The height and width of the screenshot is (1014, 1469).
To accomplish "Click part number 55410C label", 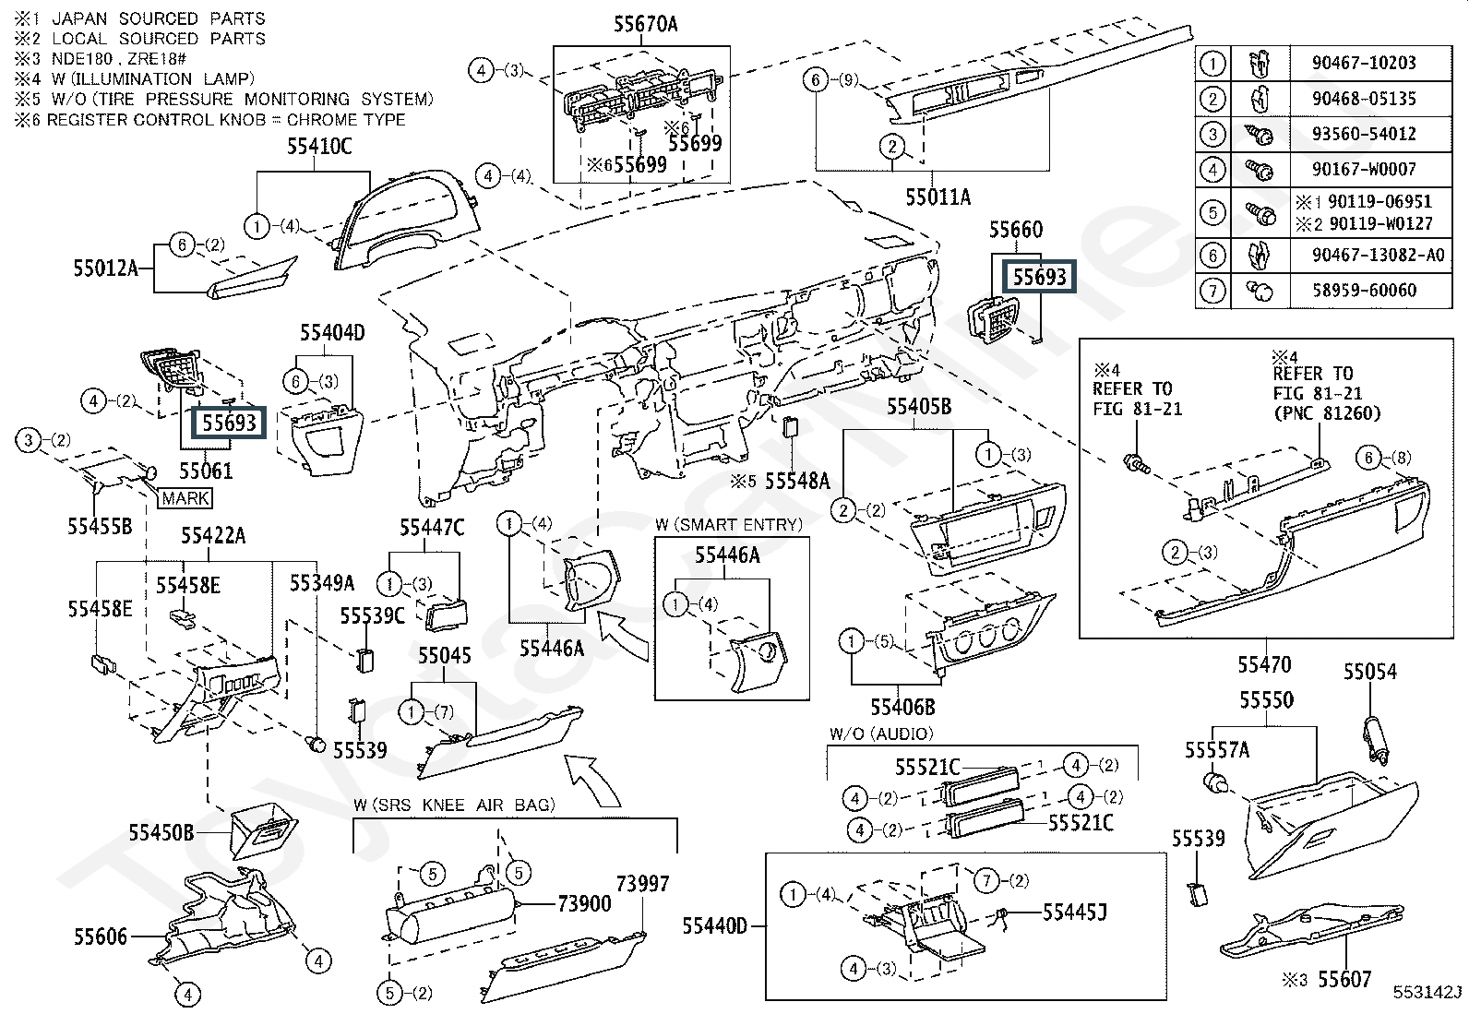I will tap(317, 147).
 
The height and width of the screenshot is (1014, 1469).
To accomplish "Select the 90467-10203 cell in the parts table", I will tap(1363, 63).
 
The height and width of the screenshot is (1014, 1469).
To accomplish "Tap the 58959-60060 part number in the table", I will tap(1363, 291).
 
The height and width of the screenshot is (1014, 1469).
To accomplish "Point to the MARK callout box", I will tap(186, 498).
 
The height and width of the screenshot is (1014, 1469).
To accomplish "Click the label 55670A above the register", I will tap(645, 25).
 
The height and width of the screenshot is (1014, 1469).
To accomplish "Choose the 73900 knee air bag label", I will tap(584, 903).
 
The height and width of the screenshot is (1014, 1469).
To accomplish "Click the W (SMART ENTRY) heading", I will tap(729, 525).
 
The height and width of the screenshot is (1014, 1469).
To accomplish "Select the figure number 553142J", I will tap(1427, 992).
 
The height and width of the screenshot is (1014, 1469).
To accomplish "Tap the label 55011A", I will tap(938, 197).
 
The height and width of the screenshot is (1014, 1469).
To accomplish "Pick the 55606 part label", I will tap(101, 937).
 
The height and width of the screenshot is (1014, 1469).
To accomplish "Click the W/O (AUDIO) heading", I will tap(881, 734).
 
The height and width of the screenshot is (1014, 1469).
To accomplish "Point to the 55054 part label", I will tap(1369, 672).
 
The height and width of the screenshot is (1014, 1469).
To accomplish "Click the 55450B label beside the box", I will tap(161, 833).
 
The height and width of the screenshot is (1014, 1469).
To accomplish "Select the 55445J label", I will tap(1074, 913).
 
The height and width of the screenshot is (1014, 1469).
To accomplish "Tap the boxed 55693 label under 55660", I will tap(1039, 277).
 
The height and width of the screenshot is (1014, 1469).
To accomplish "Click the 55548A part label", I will tap(797, 481).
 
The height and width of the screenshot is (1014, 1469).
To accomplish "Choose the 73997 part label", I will tap(642, 884).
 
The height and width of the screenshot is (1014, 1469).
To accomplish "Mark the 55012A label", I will tap(105, 268).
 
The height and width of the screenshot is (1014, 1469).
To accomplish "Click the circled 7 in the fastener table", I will tap(1212, 292).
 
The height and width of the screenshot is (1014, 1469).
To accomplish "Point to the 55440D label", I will tap(715, 925).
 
